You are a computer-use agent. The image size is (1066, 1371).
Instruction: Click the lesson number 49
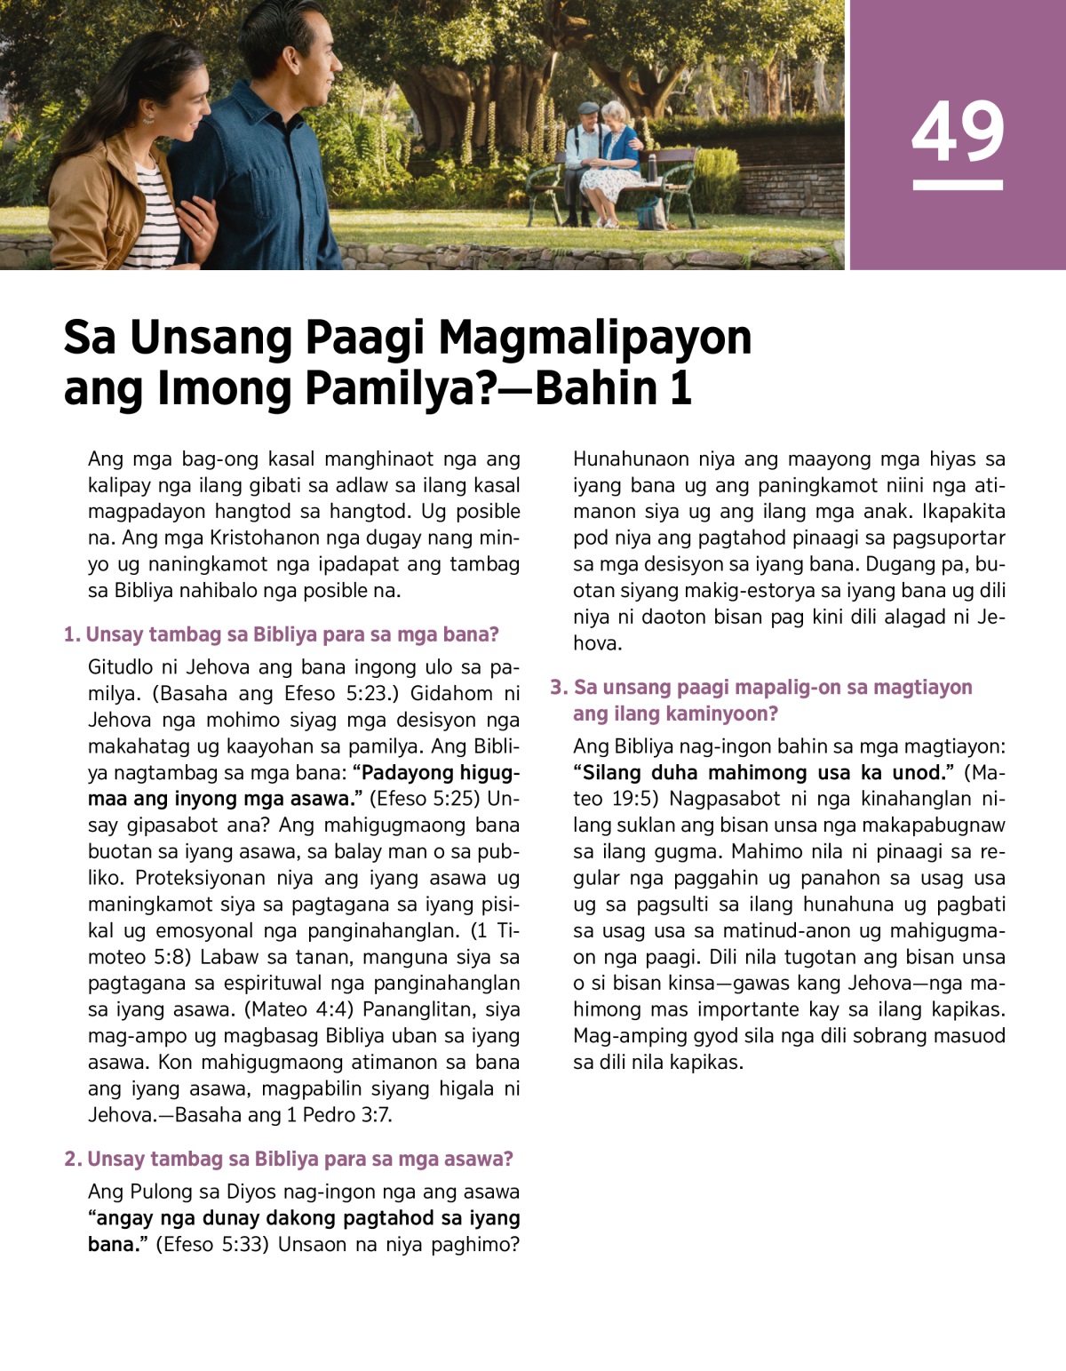point(958,132)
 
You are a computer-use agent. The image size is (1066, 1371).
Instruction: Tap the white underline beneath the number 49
point(958,185)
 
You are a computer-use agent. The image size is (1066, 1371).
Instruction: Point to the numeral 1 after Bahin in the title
point(680,388)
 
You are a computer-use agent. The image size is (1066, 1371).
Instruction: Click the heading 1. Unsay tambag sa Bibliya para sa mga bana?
point(282,634)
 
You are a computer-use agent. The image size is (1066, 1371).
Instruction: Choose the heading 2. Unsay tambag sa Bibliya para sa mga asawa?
point(289,1159)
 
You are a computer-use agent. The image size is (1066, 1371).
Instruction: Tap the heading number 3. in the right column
point(559,687)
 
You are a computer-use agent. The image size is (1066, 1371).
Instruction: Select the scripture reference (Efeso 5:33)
point(211,1244)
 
